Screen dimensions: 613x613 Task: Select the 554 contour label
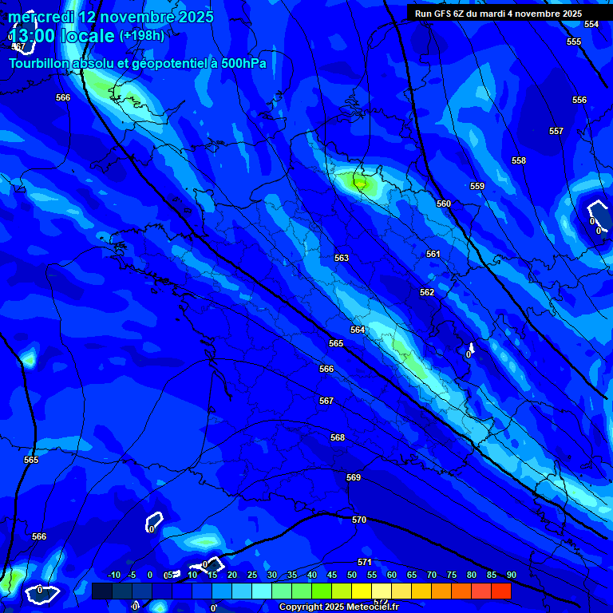pyautogui.click(x=591, y=24)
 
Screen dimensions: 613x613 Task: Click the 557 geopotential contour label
pyautogui.click(x=556, y=131)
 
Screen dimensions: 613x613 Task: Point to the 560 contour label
pyautogui.click(x=444, y=204)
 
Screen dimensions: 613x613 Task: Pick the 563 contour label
pyautogui.click(x=342, y=258)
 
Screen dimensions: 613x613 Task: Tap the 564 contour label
pyautogui.click(x=358, y=330)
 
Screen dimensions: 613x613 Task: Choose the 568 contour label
pyautogui.click(x=338, y=437)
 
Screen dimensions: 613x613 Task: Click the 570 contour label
pyautogui.click(x=359, y=520)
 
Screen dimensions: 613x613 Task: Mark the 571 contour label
pyautogui.click(x=365, y=562)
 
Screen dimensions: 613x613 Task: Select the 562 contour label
pyautogui.click(x=427, y=292)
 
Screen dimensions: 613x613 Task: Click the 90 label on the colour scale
pyautogui.click(x=511, y=575)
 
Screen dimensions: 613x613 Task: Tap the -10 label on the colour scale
pyautogui.click(x=113, y=575)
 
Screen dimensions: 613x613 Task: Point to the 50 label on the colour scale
pyautogui.click(x=352, y=575)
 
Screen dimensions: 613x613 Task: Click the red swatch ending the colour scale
pyautogui.click(x=500, y=591)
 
